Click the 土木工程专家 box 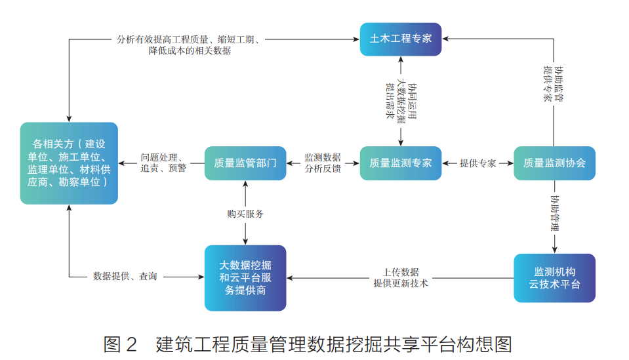click(x=400, y=39)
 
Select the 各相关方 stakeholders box click(x=69, y=163)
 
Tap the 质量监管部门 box click(x=245, y=163)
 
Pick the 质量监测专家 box click(x=400, y=163)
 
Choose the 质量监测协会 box click(x=554, y=163)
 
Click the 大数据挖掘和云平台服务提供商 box click(x=245, y=277)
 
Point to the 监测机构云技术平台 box click(x=554, y=277)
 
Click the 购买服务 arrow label click(x=245, y=214)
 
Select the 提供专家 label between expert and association click(x=477, y=163)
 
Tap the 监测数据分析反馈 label click(x=323, y=163)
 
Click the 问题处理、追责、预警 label click(x=163, y=163)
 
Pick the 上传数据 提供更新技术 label click(x=401, y=277)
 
